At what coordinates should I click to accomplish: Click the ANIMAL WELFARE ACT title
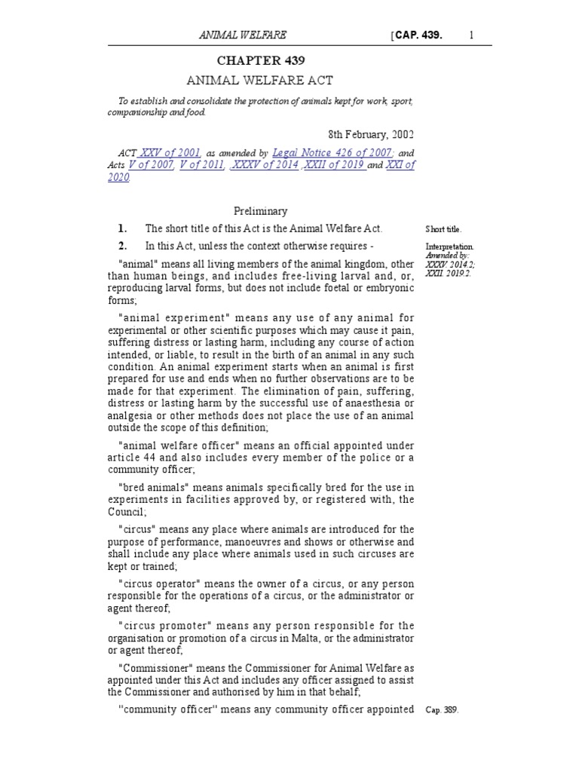point(260,80)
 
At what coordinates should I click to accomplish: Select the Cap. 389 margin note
point(443,710)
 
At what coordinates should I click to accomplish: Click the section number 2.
point(121,247)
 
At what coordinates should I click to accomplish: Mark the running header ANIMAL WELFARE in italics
point(242,35)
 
